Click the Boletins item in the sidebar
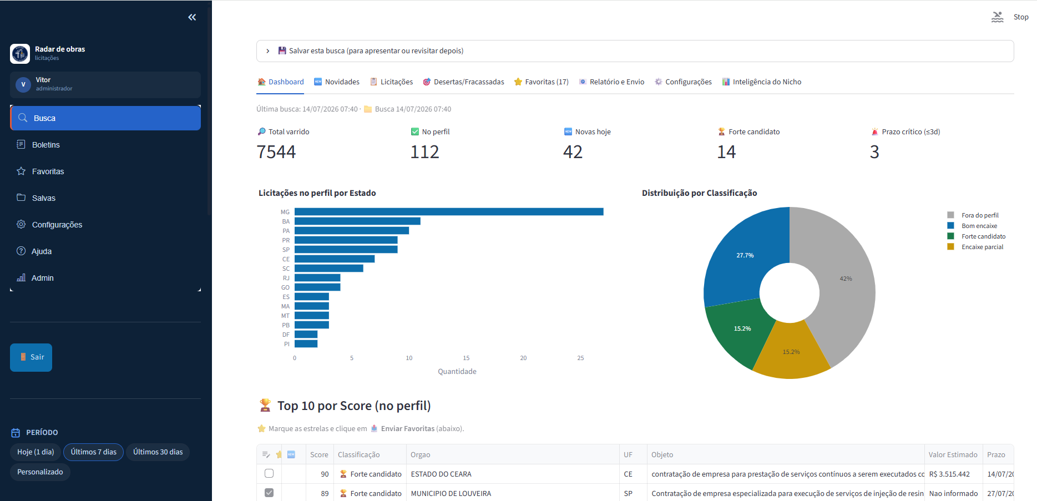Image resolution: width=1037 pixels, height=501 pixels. click(45, 145)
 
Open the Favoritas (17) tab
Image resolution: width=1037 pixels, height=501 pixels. click(541, 82)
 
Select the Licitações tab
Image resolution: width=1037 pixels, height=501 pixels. click(391, 82)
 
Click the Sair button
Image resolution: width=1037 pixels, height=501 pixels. click(31, 357)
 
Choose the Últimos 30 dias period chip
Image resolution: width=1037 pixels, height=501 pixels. click(158, 452)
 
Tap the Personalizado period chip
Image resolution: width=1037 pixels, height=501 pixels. click(40, 472)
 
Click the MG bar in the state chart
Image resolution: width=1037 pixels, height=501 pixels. click(449, 212)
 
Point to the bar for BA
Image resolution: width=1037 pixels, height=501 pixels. click(357, 221)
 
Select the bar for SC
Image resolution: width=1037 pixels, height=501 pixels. click(329, 269)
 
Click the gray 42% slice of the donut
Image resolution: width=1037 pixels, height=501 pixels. click(843, 283)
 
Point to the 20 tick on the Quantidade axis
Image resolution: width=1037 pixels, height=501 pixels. click(523, 358)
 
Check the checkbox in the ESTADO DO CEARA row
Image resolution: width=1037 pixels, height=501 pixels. click(269, 474)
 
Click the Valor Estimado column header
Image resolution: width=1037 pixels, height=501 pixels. click(953, 455)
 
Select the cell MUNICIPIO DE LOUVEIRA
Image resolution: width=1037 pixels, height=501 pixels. click(451, 493)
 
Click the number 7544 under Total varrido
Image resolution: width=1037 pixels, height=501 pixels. click(276, 152)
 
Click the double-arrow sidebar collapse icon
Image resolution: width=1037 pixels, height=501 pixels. click(192, 17)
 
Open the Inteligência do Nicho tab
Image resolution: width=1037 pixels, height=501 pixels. click(762, 82)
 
